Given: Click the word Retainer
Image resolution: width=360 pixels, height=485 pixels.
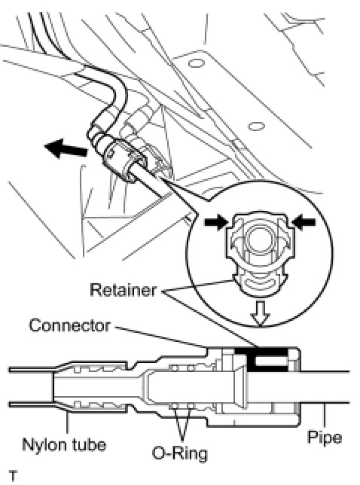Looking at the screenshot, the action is point(123,290).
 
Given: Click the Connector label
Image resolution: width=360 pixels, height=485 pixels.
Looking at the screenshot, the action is point(69,325).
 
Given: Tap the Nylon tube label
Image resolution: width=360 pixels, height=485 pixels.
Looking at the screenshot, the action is point(64,444).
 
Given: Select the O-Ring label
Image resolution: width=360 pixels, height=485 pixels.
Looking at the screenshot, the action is point(180,453).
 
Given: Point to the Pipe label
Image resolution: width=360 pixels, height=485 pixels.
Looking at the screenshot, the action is point(325,437).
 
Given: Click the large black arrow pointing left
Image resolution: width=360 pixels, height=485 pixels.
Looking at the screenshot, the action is point(66,149).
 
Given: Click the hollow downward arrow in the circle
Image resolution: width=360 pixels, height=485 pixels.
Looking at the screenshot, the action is point(260,313).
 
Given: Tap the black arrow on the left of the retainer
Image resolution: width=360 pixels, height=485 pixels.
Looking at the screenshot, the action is point(216,221).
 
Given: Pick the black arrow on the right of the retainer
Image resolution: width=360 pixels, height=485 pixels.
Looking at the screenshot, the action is point(304,221).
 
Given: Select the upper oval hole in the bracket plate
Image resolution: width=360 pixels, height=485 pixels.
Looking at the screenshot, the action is point(196,63).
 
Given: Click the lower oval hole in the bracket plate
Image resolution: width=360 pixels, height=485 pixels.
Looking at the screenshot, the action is point(256,127).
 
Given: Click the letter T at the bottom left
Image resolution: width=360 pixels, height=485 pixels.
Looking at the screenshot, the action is point(14,475).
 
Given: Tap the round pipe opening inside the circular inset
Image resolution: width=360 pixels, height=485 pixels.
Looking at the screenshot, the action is point(259,238).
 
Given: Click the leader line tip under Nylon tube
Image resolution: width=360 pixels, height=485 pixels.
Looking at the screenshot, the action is point(68,412).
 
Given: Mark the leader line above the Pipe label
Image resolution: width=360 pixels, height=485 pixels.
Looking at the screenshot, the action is point(324,416).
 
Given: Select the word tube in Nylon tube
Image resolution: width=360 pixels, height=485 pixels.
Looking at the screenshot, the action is point(90,444).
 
